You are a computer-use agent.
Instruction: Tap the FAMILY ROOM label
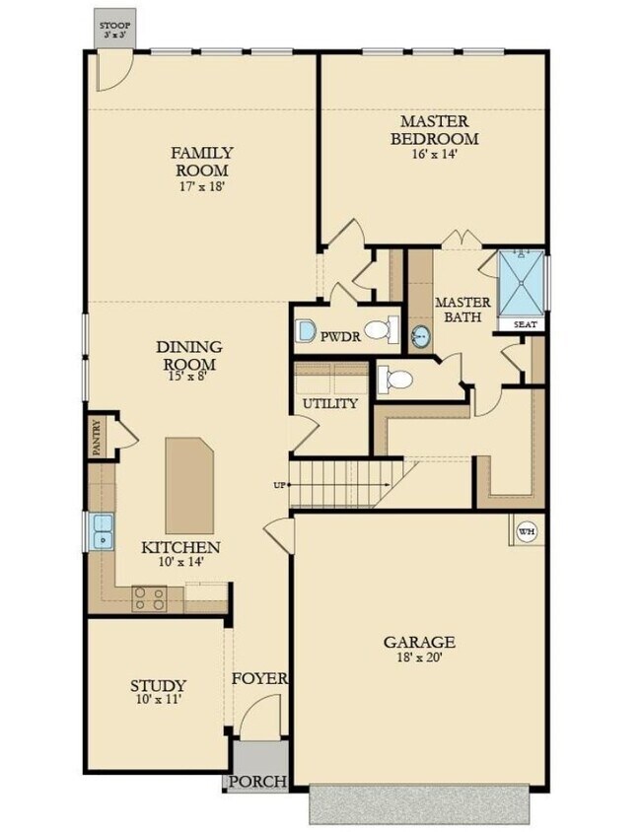(x=202, y=162)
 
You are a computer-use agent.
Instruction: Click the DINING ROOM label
(x=188, y=355)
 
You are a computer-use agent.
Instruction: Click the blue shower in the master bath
(x=521, y=282)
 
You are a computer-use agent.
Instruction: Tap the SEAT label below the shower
(x=521, y=323)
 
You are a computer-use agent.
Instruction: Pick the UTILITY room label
(x=329, y=403)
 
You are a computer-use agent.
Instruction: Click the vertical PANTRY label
(x=97, y=435)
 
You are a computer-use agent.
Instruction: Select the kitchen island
(x=190, y=484)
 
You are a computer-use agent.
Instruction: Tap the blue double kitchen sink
(x=102, y=530)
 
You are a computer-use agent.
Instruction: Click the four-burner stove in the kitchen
(x=149, y=597)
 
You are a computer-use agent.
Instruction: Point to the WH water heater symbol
(x=526, y=530)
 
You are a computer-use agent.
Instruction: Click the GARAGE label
(x=419, y=642)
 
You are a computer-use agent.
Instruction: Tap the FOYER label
(x=259, y=678)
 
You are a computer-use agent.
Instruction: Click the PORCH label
(x=257, y=782)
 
